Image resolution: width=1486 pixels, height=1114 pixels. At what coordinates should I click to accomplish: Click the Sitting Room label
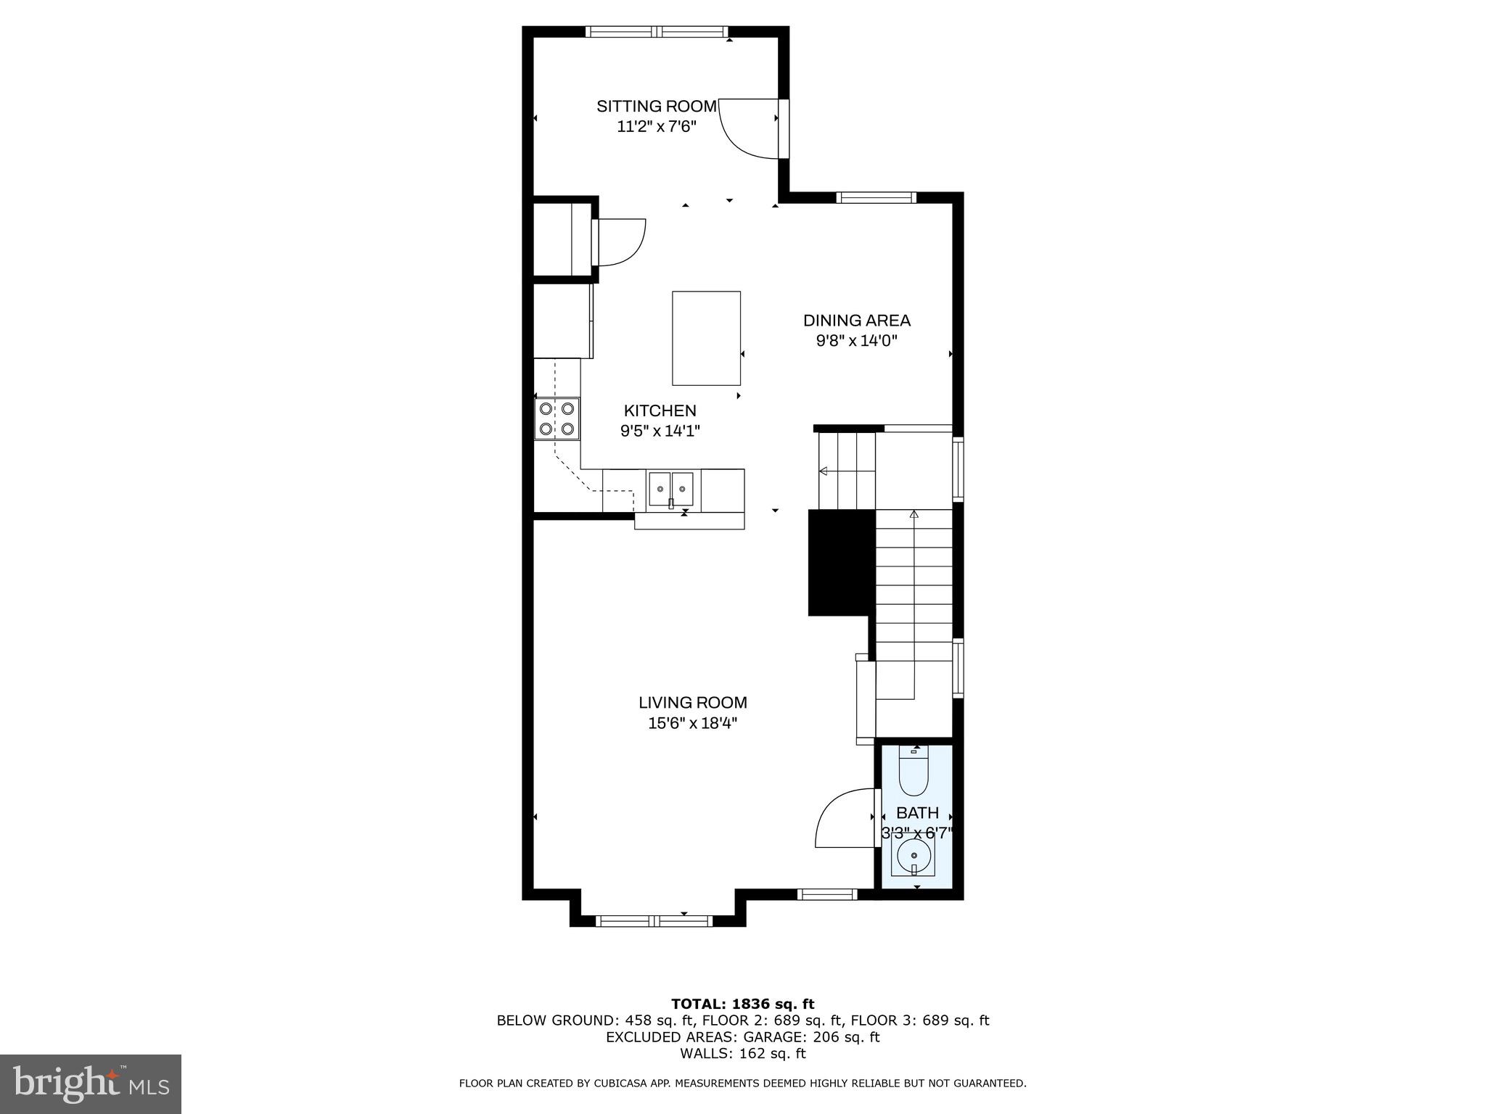click(656, 107)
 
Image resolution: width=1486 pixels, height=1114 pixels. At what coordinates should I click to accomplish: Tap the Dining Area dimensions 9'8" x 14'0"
click(856, 341)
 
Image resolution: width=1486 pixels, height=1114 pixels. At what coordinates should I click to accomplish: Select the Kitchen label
click(660, 410)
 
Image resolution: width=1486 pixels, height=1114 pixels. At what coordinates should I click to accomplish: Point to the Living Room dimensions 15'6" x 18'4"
click(692, 723)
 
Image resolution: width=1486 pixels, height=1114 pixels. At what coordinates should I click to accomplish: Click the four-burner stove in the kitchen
click(557, 418)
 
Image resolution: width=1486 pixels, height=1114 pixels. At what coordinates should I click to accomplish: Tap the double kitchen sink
click(670, 489)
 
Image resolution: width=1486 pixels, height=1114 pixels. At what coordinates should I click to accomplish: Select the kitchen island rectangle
click(706, 338)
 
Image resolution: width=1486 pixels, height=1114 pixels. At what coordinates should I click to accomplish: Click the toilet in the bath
click(914, 772)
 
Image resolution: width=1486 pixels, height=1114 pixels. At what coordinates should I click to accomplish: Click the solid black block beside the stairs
click(842, 562)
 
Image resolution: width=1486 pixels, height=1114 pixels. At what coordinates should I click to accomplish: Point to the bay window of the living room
click(655, 921)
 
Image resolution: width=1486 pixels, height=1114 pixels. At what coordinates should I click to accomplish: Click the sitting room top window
click(656, 31)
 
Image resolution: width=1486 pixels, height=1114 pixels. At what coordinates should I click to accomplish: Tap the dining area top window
click(876, 197)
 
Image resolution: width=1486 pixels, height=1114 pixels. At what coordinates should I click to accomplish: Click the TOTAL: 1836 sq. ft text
click(742, 1004)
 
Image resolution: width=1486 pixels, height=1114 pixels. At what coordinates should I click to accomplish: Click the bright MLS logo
click(90, 1084)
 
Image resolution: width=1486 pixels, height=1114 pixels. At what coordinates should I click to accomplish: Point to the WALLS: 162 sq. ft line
click(742, 1054)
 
